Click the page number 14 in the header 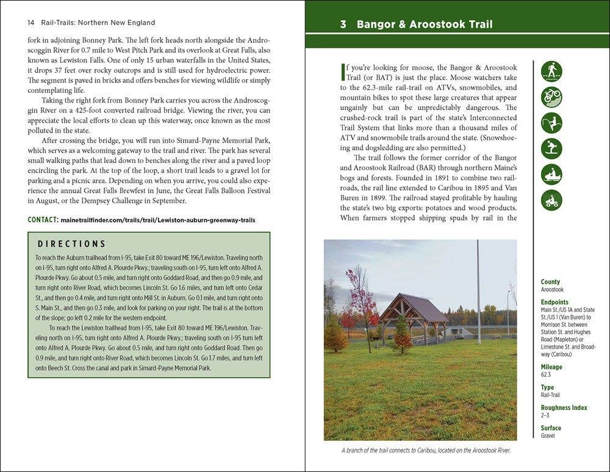pos(30,23)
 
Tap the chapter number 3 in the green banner pos(343,25)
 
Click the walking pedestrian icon pos(551,71)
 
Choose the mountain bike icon pos(551,97)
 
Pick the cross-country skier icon pos(551,123)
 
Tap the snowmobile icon pos(551,175)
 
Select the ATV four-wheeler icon pos(551,200)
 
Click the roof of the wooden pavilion pos(415,305)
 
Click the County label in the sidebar pos(550,282)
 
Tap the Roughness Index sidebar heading pos(564,408)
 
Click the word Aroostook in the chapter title pos(437,25)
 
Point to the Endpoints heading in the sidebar pos(554,302)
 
